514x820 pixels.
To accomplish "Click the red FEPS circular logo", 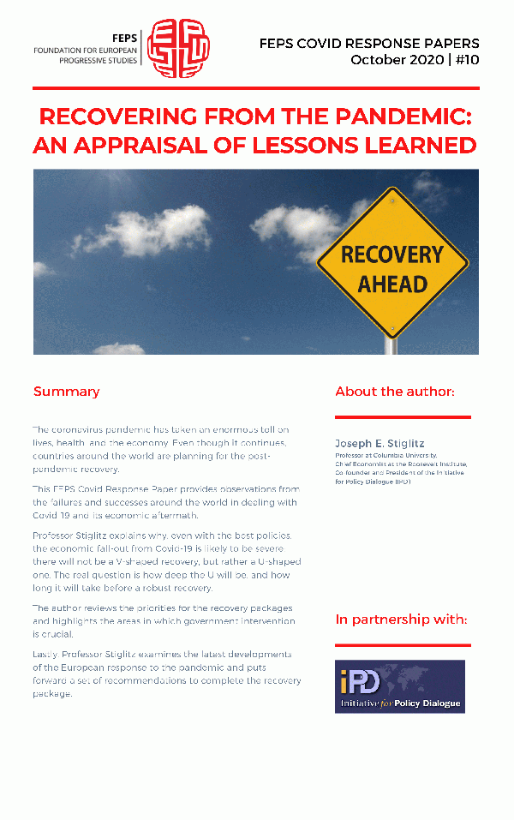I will pyautogui.click(x=178, y=48).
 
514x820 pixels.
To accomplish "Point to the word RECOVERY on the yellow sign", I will pyautogui.click(x=392, y=254).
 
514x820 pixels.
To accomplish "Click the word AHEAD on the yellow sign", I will pyautogui.click(x=392, y=284).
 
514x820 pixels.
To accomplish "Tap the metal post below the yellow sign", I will pyautogui.click(x=391, y=345).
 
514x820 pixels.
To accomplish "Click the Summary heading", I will pyautogui.click(x=66, y=392).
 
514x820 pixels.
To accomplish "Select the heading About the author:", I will pyautogui.click(x=395, y=392).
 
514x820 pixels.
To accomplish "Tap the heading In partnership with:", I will pyautogui.click(x=401, y=619).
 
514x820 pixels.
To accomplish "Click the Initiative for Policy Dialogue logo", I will pyautogui.click(x=400, y=685).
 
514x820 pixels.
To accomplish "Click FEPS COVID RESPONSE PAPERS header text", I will pyautogui.click(x=369, y=43).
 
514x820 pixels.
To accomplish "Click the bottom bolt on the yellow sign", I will pyautogui.click(x=392, y=327).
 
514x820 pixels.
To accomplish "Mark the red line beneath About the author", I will pyautogui.click(x=403, y=417).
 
